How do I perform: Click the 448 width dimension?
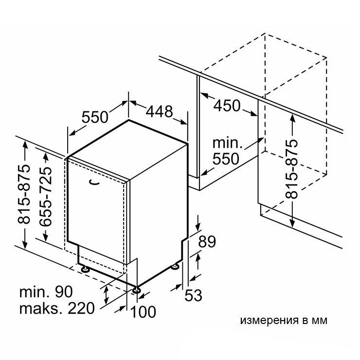(160, 111)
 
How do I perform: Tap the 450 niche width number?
(227, 106)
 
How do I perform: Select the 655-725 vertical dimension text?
(45, 197)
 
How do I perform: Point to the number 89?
(207, 241)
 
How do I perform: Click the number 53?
(193, 295)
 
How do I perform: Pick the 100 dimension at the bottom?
(143, 312)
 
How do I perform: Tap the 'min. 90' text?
(46, 292)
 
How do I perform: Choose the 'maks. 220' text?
(57, 308)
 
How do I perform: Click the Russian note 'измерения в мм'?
(284, 321)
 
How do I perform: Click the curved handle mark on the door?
(94, 182)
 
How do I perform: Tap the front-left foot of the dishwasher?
(85, 269)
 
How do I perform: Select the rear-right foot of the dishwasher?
(176, 266)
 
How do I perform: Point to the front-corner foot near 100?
(136, 290)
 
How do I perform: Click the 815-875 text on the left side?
(24, 194)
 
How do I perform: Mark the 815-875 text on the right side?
(291, 169)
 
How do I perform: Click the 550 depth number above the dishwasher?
(95, 117)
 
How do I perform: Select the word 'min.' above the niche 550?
(227, 143)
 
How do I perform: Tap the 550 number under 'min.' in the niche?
(226, 159)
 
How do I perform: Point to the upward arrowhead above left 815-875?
(25, 145)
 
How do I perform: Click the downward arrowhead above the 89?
(198, 226)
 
